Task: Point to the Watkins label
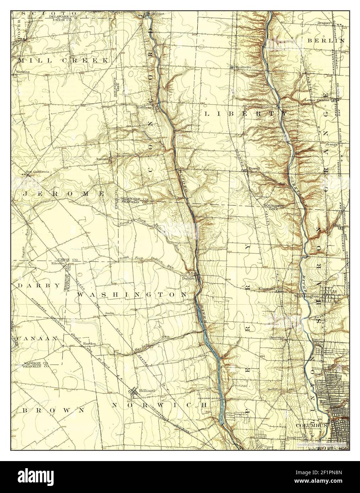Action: (23, 72)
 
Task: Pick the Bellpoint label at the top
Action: (156, 14)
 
